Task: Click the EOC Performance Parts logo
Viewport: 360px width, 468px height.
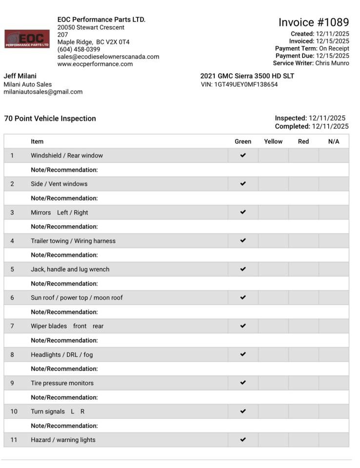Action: point(27,39)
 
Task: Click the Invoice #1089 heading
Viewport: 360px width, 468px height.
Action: point(314,22)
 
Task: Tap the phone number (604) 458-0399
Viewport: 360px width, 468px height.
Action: point(79,49)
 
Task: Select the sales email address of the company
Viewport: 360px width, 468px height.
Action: point(108,57)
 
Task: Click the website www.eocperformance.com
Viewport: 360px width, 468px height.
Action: point(95,64)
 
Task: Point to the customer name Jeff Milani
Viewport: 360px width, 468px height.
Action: point(20,76)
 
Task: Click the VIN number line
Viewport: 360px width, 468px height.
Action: point(239,84)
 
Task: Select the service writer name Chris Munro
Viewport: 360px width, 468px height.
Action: point(332,63)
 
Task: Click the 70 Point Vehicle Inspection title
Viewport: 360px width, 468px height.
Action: point(50,118)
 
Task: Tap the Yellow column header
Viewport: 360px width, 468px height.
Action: point(273,141)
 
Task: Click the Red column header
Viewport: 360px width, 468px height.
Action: point(303,141)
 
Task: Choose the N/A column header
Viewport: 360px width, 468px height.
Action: point(334,141)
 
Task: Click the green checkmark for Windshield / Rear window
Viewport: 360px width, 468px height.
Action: point(243,156)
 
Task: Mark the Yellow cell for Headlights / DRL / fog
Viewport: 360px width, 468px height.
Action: point(273,354)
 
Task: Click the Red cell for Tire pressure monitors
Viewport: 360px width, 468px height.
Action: point(303,383)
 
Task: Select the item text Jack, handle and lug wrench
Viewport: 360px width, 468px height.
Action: point(70,269)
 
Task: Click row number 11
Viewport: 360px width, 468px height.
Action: point(14,440)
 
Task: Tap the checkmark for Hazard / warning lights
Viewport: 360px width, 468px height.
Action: point(243,440)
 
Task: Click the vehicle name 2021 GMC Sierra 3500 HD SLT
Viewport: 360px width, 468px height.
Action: point(247,76)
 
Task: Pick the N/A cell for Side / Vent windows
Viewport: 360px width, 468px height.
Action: point(334,184)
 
